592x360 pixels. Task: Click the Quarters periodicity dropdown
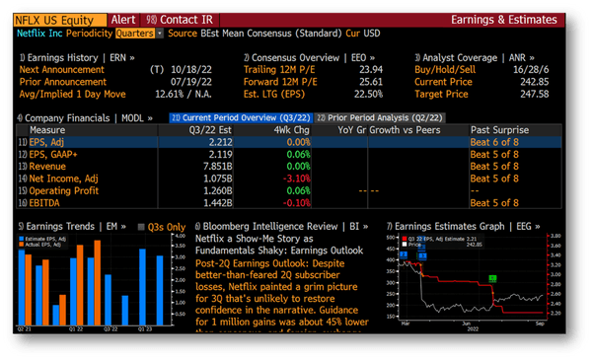(x=133, y=34)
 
